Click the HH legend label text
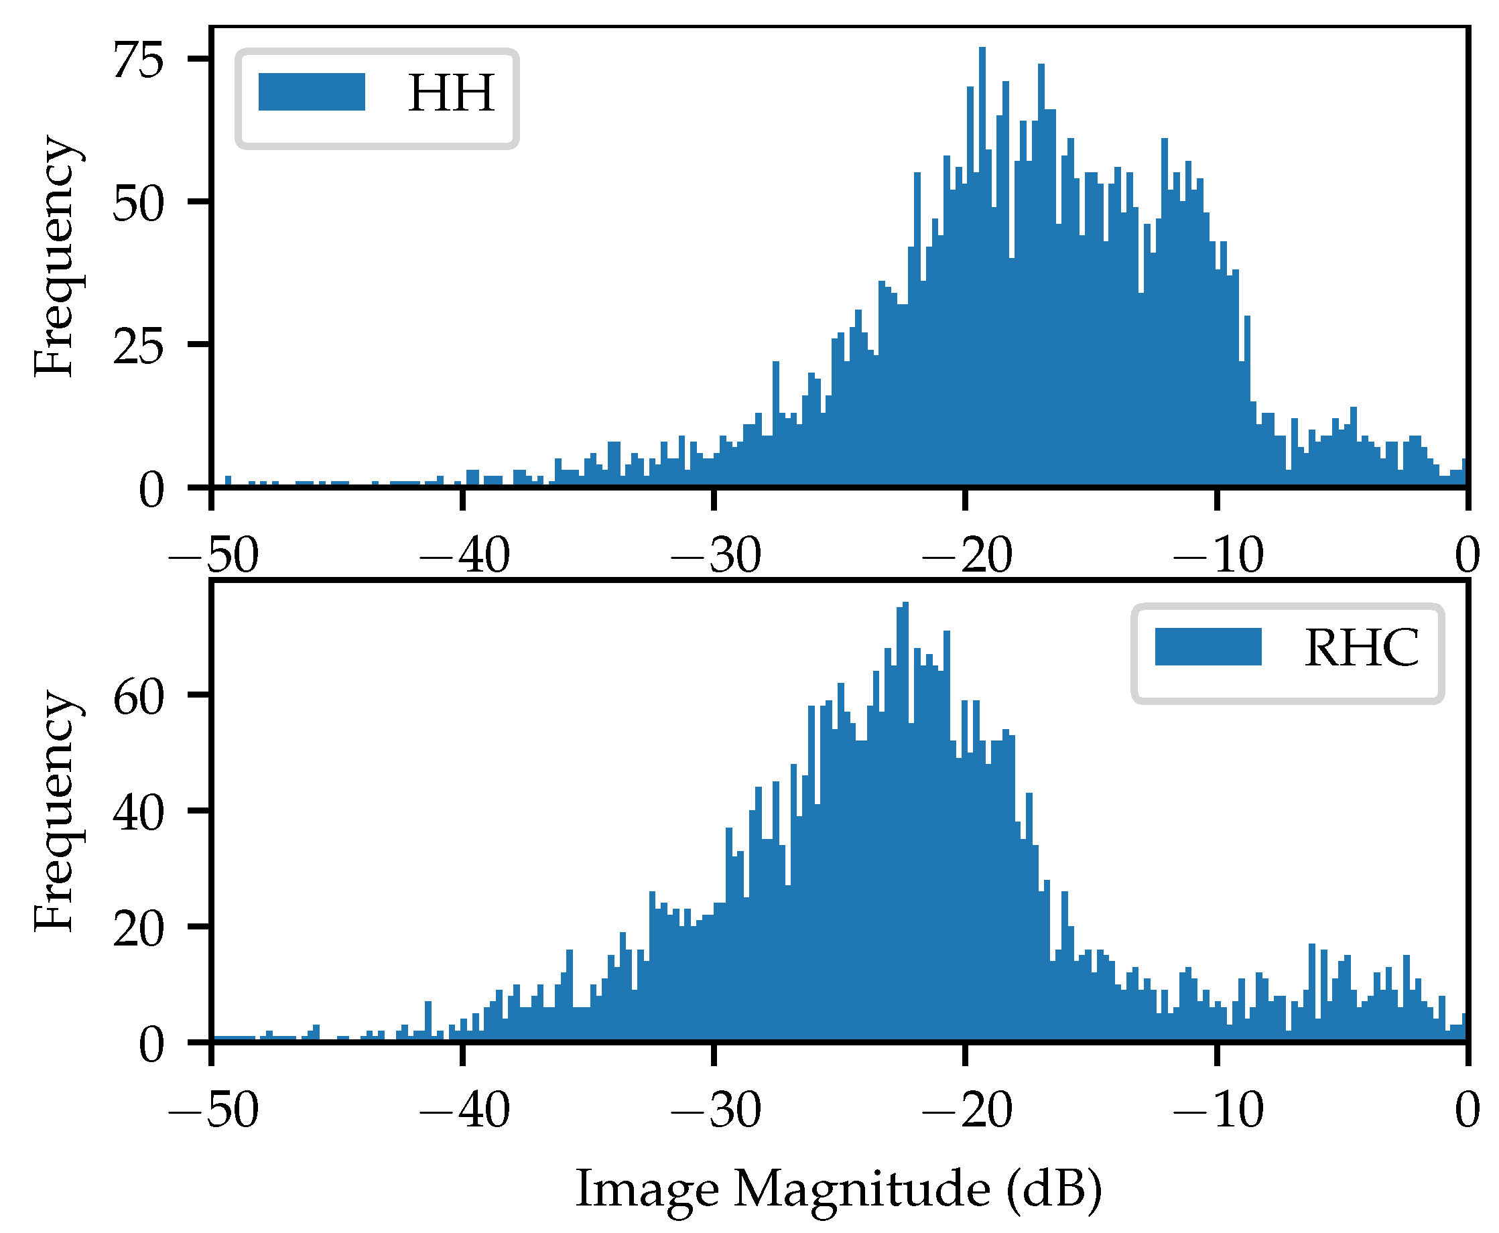(x=451, y=93)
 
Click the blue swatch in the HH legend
(x=312, y=92)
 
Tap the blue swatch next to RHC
(x=1208, y=647)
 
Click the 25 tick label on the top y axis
(x=139, y=346)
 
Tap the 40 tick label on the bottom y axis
(x=139, y=813)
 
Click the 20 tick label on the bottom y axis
(x=139, y=928)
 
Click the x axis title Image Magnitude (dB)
(x=838, y=1188)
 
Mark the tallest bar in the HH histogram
(x=983, y=266)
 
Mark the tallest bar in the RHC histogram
(x=905, y=820)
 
